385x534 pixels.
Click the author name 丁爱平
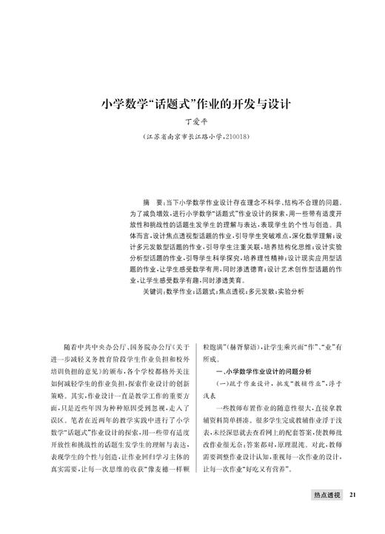(x=192, y=121)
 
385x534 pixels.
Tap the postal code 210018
(x=235, y=138)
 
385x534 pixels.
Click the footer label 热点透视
(x=325, y=496)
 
